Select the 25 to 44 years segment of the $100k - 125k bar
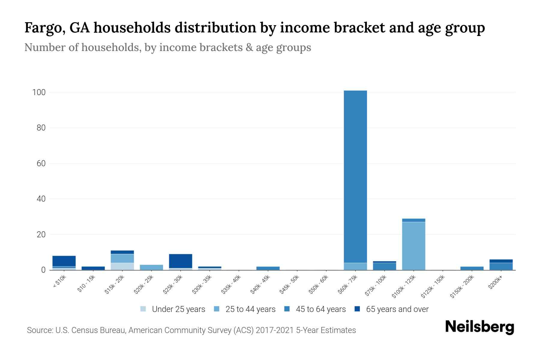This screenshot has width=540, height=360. click(413, 246)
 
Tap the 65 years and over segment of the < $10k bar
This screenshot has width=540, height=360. click(64, 261)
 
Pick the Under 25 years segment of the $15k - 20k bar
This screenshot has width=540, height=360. click(122, 266)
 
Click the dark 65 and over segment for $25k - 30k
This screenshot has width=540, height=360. click(181, 261)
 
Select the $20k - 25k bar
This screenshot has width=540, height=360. click(151, 267)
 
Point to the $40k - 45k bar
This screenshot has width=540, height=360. click(268, 268)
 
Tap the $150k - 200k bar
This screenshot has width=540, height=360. click(472, 268)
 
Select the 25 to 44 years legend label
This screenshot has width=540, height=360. click(250, 309)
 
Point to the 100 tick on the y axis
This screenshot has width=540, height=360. click(39, 92)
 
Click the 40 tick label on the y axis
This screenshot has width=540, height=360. click(41, 199)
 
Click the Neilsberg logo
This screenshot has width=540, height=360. click(479, 327)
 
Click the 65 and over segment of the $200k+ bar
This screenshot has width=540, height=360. click(501, 261)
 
